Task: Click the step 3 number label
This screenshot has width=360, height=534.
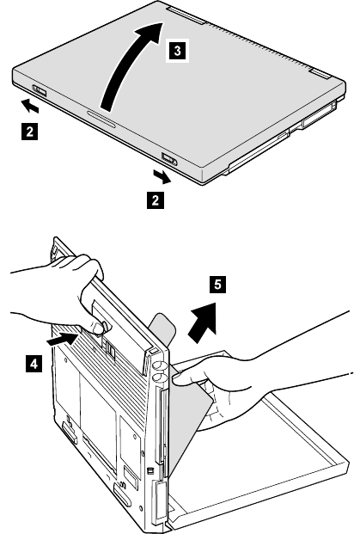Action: coord(177,51)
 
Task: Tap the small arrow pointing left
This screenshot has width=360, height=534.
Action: coord(30,106)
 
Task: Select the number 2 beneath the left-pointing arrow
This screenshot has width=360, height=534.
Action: coord(29,132)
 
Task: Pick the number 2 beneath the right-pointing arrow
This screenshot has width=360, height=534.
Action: coord(156,199)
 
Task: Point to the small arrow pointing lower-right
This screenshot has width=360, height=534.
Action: coord(162,177)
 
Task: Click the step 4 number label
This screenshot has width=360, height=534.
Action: coord(34,364)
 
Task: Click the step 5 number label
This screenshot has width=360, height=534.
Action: coord(217,284)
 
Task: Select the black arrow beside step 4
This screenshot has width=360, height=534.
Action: coord(62,339)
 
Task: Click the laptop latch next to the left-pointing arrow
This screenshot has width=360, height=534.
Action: coord(40,91)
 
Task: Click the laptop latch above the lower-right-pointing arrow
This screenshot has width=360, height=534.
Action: coord(168,158)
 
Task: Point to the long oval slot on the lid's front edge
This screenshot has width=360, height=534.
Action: coord(101,119)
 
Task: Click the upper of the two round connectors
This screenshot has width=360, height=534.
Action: coord(157,365)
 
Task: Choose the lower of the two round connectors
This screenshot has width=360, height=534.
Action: coord(158,377)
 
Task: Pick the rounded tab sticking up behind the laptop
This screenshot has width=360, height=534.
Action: coord(162,328)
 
